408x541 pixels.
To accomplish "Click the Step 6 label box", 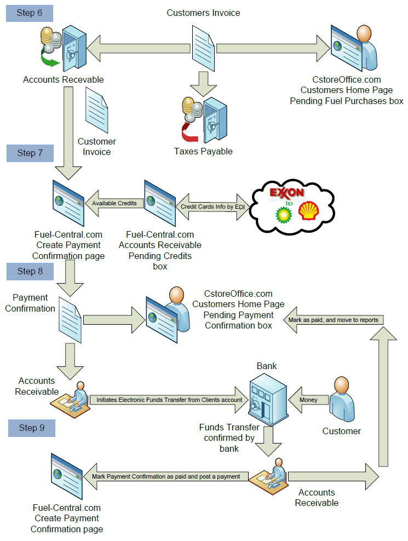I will [x=30, y=13].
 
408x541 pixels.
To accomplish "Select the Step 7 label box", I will [x=30, y=153].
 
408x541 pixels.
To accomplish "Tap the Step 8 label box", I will [x=30, y=271].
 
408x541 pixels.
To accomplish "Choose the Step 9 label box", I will [x=31, y=428].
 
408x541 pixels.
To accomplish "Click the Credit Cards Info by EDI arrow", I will [x=211, y=207].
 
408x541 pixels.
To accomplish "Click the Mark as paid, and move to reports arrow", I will [x=334, y=320].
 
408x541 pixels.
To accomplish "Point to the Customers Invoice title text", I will [x=203, y=13].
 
